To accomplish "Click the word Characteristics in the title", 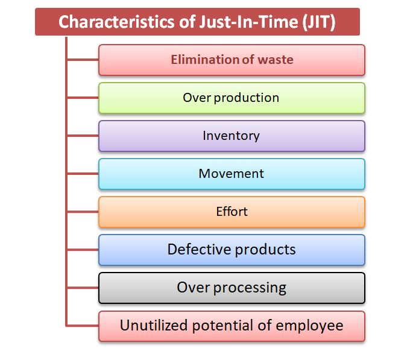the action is point(116,22).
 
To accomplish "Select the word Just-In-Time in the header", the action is point(248,22).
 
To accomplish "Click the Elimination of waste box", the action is point(232,60).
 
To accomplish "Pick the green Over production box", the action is point(232,98).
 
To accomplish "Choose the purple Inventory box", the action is point(232,136).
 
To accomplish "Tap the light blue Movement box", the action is point(232,174).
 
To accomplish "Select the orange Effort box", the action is point(232,212).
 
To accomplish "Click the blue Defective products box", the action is point(232,250).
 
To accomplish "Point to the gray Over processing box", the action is point(232,288).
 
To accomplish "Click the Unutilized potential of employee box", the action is point(232,326).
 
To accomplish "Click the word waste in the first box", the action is point(276,60).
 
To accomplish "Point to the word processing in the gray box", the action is point(250,288).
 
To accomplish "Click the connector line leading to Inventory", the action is point(83,136).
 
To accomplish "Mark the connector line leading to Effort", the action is point(83,212).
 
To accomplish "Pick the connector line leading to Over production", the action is point(83,98).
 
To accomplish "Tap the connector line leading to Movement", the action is point(83,174).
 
